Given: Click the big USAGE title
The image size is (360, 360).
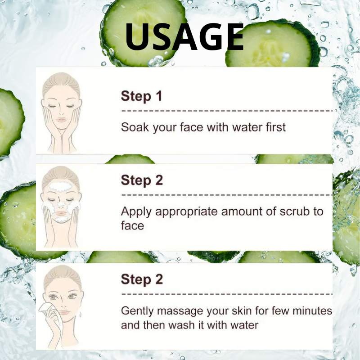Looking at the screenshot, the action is [x=184, y=37].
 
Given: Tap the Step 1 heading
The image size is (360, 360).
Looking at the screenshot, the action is [x=141, y=96].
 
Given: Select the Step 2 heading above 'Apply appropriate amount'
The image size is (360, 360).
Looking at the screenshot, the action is [x=142, y=180].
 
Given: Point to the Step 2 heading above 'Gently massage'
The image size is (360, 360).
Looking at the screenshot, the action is [x=142, y=279].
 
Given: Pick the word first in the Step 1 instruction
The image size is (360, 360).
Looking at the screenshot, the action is [x=276, y=127].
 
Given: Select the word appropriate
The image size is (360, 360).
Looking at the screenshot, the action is [x=186, y=212].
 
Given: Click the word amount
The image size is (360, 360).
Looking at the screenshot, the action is [x=242, y=211].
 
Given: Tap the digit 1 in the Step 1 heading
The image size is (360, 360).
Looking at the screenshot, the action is [x=159, y=96].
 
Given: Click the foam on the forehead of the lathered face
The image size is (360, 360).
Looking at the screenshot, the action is [x=60, y=186].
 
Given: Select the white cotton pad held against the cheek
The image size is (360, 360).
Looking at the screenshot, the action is [x=46, y=308].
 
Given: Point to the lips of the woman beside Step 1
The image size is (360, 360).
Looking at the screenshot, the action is [x=61, y=120].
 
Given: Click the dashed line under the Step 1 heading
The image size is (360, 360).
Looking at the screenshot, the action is [x=227, y=111].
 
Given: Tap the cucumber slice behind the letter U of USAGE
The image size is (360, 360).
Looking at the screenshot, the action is [x=143, y=32].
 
